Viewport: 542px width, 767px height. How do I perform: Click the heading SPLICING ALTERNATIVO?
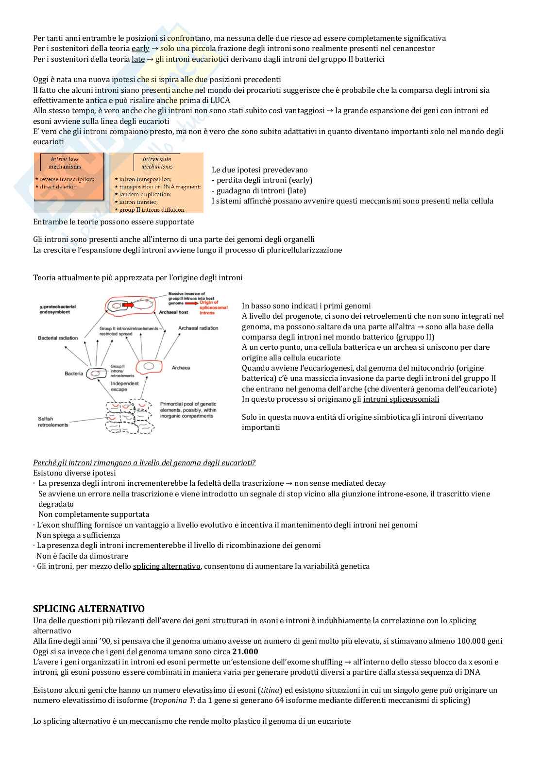click(x=88, y=609)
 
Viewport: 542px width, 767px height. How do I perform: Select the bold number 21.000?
click(x=245, y=652)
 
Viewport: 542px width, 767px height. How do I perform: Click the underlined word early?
click(x=140, y=49)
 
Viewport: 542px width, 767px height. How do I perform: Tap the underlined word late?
click(x=138, y=59)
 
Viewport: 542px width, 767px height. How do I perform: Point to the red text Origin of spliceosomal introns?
click(x=214, y=307)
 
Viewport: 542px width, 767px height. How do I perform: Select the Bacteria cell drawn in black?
click(x=97, y=374)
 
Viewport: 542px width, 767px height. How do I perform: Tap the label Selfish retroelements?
click(x=53, y=422)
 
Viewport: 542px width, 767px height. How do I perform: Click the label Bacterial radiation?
click(x=58, y=338)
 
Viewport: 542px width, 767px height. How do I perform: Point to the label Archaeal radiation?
click(x=198, y=328)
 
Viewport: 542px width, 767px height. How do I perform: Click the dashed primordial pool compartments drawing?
click(x=130, y=416)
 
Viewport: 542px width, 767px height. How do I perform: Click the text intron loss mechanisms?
click(x=65, y=163)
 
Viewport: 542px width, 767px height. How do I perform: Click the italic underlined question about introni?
click(x=144, y=462)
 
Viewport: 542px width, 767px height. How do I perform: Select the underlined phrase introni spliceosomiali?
click(x=401, y=399)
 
